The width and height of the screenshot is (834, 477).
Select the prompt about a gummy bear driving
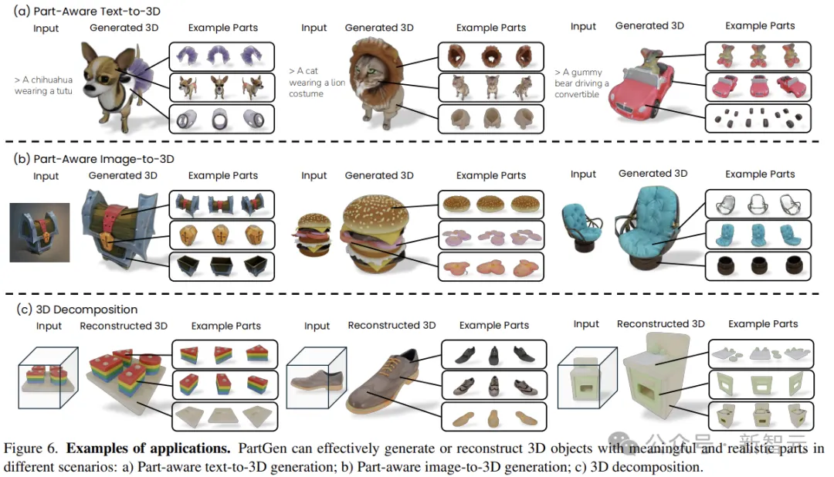(x=581, y=83)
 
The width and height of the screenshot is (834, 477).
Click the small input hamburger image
(x=314, y=235)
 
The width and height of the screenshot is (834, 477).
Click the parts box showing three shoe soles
(x=494, y=417)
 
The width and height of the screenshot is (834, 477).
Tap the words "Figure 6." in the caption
(x=30, y=448)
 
